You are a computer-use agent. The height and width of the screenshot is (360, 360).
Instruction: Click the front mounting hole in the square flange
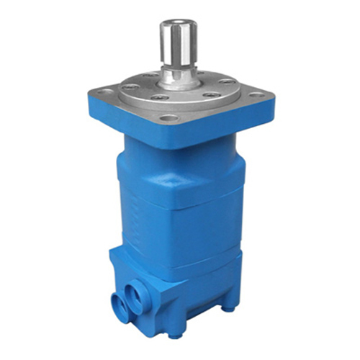click(x=169, y=118)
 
